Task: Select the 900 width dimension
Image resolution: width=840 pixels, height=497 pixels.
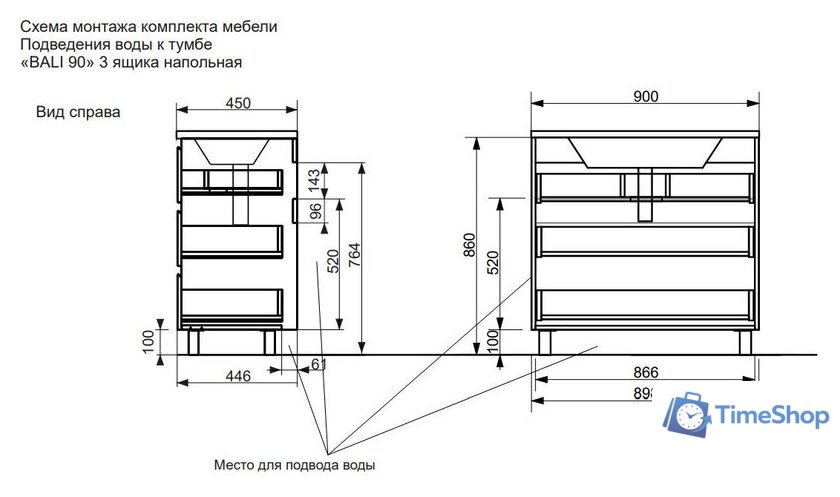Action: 645,96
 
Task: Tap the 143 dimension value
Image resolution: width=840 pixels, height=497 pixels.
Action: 313,180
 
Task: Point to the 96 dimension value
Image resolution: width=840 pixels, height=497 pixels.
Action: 313,211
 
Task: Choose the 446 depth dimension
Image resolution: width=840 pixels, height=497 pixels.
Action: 237,376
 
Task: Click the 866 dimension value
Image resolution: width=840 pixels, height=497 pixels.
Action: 645,372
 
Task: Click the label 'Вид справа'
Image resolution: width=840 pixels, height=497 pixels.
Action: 78,113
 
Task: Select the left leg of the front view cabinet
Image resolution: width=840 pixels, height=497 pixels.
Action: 544,341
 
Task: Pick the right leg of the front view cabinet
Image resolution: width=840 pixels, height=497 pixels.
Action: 745,341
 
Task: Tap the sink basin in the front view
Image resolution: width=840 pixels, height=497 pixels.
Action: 645,151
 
